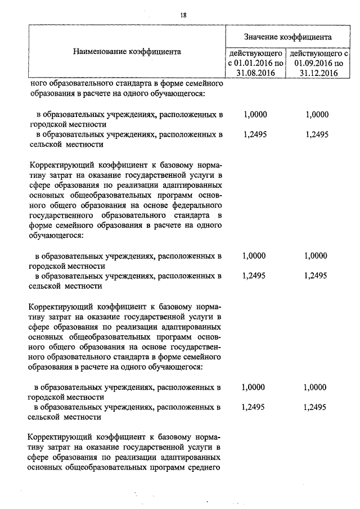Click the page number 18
click(x=183, y=15)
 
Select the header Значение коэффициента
click(x=287, y=37)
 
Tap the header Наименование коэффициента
click(x=127, y=52)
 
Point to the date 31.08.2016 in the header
click(x=255, y=73)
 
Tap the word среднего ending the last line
click(x=202, y=467)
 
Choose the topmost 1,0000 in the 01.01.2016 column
click(x=255, y=114)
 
